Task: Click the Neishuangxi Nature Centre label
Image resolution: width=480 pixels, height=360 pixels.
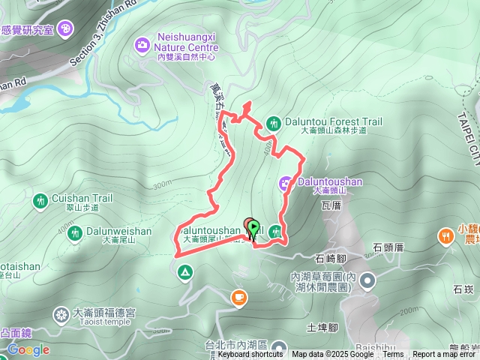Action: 187,41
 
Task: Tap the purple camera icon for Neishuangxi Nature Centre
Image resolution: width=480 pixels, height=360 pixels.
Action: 142,46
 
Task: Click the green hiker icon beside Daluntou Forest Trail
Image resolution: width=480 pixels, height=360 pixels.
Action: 274,122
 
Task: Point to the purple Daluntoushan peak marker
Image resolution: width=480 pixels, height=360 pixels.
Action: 286,181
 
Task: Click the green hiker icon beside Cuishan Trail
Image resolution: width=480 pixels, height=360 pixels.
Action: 40,200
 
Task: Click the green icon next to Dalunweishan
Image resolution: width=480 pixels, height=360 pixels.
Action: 74,233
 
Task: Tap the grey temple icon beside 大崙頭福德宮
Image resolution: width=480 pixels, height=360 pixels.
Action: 61,313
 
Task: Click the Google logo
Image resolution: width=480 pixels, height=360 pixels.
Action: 28,349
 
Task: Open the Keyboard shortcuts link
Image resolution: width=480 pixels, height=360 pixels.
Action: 250,355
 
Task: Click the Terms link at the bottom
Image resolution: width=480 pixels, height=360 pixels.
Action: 393,355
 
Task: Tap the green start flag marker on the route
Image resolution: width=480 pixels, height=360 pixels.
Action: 253,226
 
